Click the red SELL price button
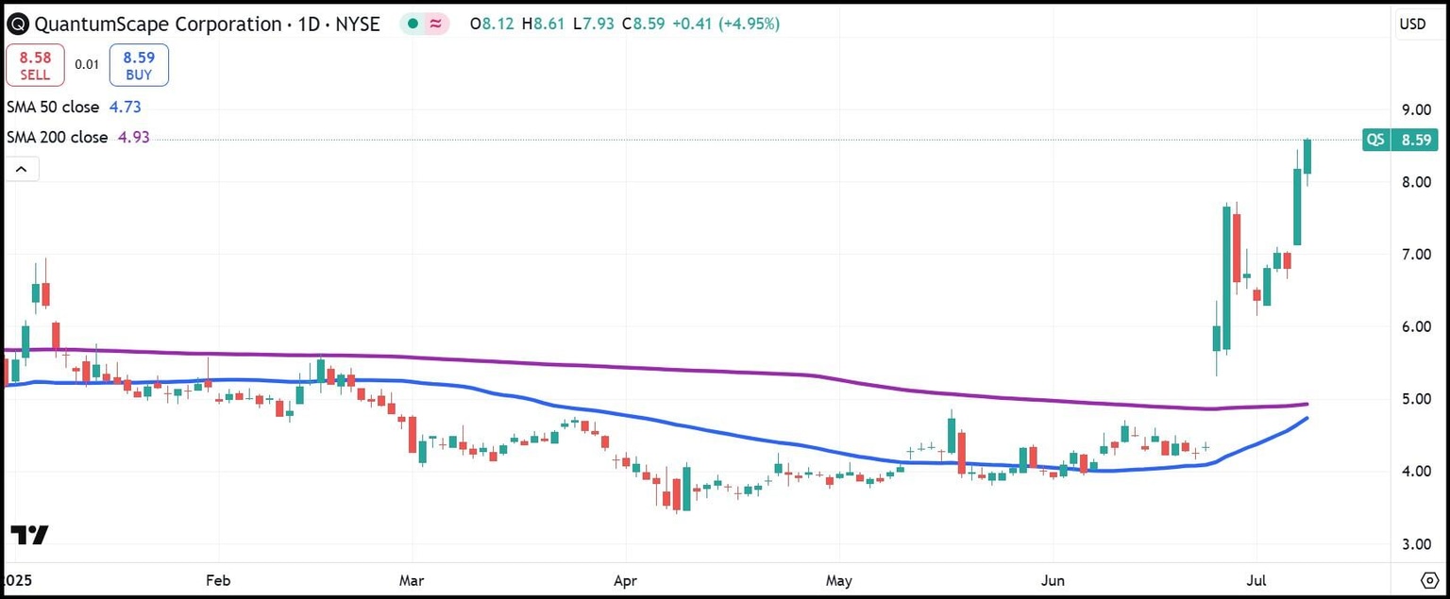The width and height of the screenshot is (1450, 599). click(35, 65)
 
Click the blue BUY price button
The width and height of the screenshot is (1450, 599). click(139, 65)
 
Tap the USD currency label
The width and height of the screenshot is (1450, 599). click(1412, 25)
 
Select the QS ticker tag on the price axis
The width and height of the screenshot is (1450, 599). click(1375, 141)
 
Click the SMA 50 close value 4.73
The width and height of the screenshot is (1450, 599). click(125, 107)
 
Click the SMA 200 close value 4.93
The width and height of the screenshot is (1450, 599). click(133, 138)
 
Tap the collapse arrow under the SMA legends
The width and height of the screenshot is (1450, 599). click(22, 170)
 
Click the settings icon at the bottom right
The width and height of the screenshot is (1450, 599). click(1428, 578)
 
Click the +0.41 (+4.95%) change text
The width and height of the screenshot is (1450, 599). click(725, 25)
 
